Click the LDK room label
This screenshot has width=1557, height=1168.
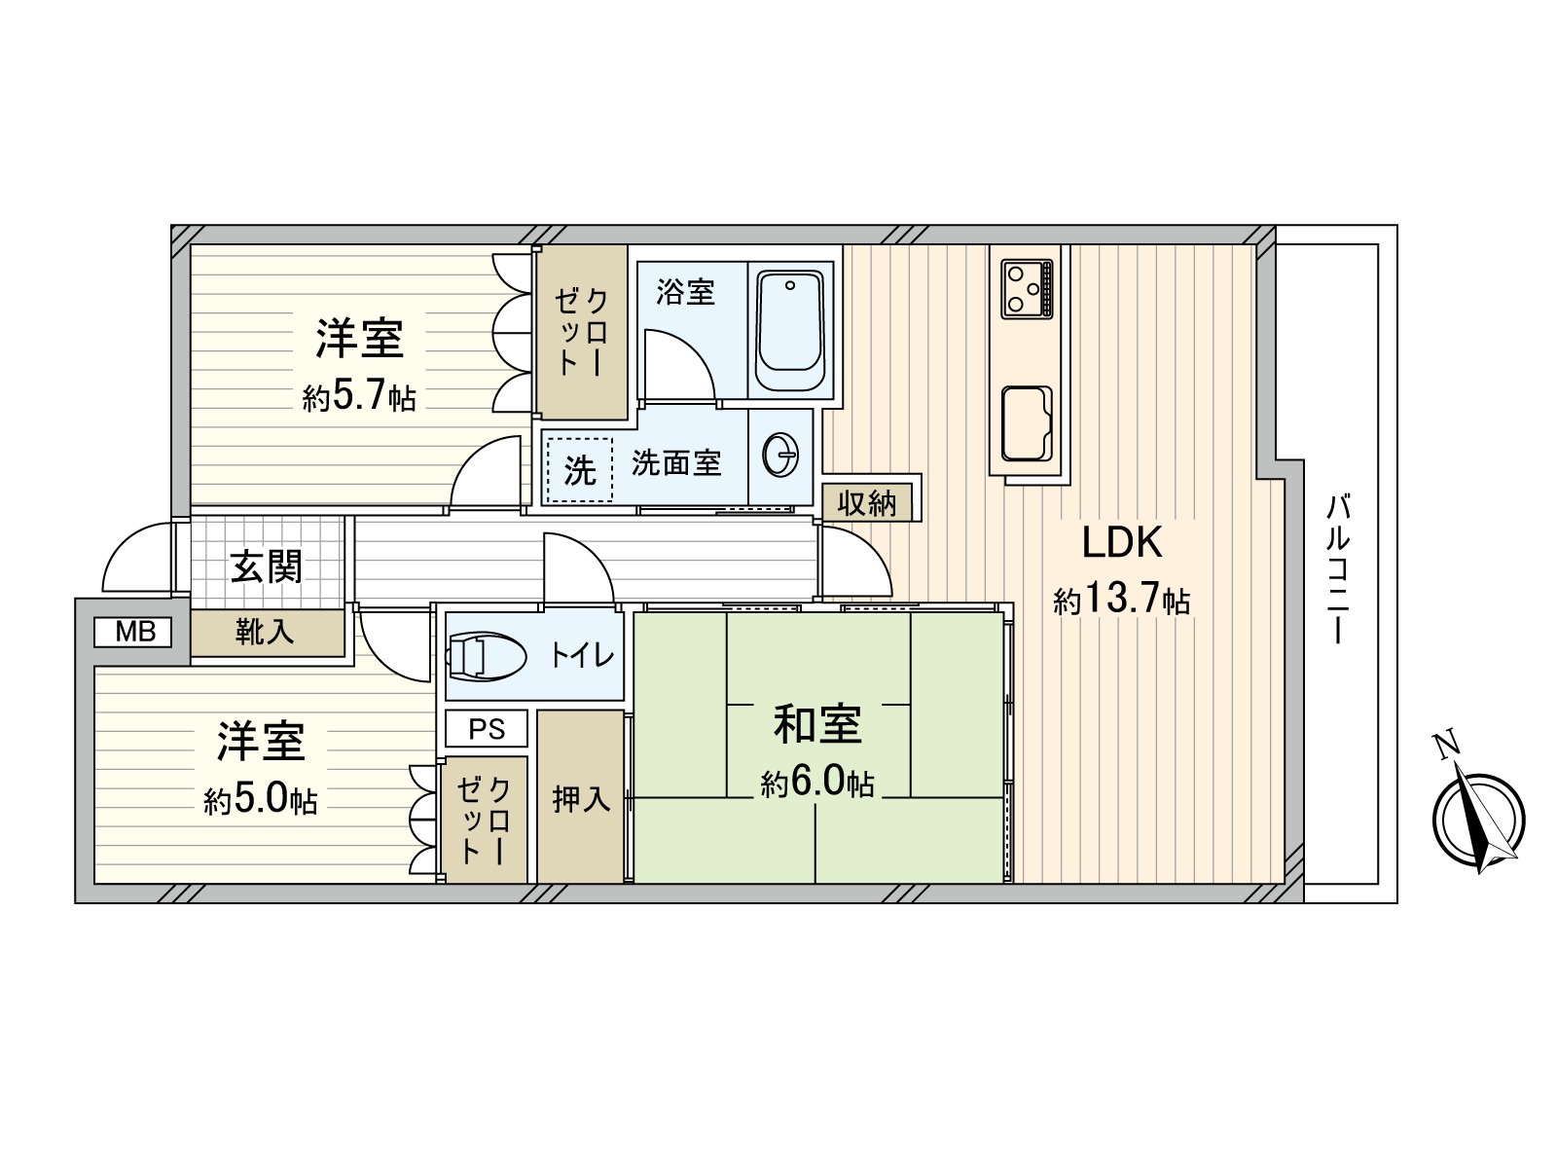[1122, 543]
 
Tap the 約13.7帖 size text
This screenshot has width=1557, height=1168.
[1122, 600]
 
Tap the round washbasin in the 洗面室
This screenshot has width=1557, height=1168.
[780, 454]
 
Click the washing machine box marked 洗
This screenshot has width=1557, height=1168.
[579, 470]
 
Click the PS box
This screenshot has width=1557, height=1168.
[487, 728]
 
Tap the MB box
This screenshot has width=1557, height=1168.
[133, 633]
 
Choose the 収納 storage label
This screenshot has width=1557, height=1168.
[866, 503]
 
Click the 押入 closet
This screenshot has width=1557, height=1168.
[580, 798]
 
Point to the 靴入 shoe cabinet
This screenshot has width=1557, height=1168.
[265, 633]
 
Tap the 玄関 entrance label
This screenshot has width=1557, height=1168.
[266, 566]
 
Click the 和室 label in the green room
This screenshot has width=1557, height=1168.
[816, 725]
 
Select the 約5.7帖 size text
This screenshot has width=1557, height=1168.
[358, 397]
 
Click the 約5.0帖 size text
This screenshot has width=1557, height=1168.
[260, 800]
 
